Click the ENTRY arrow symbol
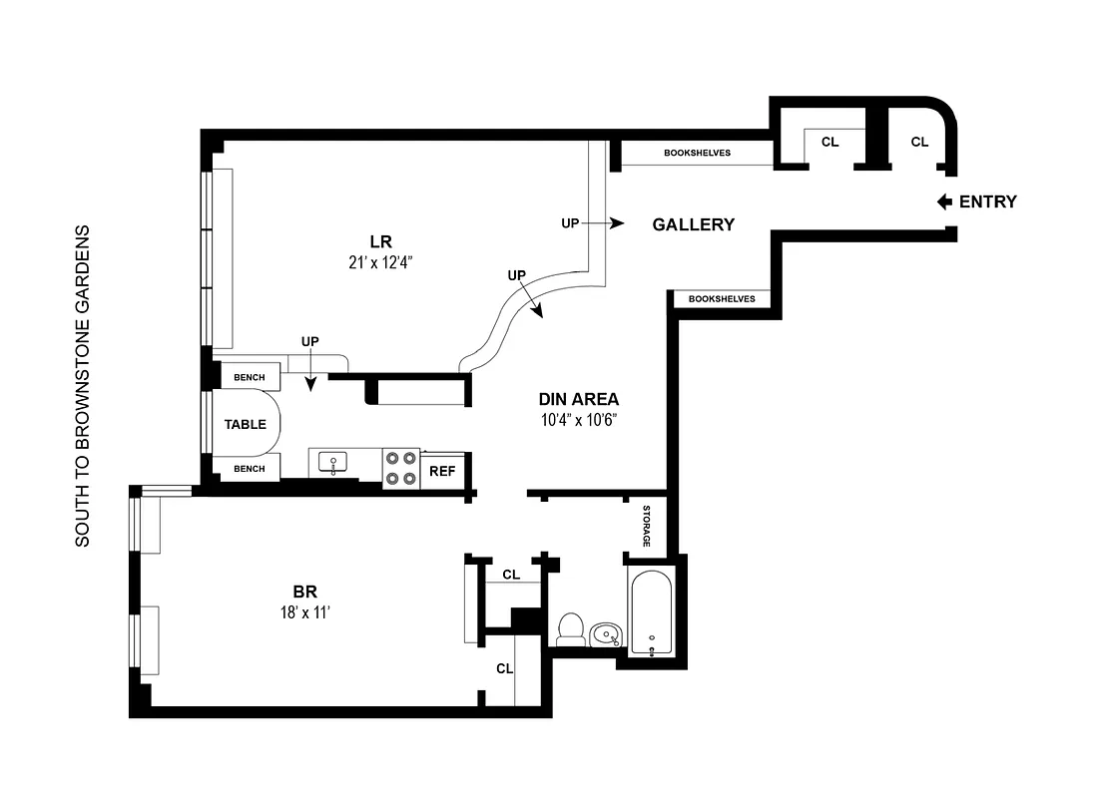coord(944,201)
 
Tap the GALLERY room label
coord(693,224)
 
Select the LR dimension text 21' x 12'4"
coord(378,263)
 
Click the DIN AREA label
coord(578,399)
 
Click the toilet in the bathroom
coord(571,629)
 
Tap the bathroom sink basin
coord(606,633)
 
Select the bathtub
coord(651,611)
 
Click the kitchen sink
coord(332,461)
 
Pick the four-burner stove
coord(401,468)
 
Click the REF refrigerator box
coord(441,471)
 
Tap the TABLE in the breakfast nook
coord(245,424)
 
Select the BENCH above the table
coord(249,377)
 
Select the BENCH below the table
coord(249,469)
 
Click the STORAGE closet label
coord(646,526)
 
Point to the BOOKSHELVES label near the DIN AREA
coord(722,298)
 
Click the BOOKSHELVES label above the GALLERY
coord(697,153)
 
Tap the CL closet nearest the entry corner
coord(919,142)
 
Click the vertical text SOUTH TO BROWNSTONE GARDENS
coord(83,385)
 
